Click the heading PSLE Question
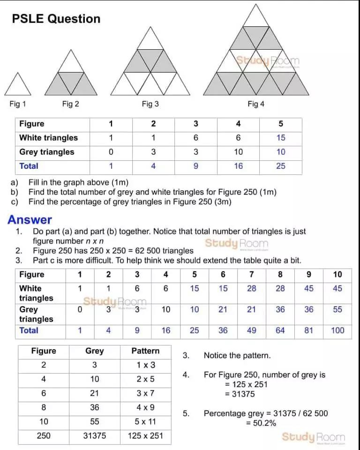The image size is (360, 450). pos(56,19)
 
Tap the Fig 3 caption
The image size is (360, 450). pos(150,104)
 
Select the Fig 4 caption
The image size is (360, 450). pos(256,104)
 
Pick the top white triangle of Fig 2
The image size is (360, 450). pos(70,63)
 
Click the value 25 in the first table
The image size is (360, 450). pos(280,166)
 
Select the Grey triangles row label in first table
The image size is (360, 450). pos(47,152)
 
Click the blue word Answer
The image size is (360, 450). pos(30,220)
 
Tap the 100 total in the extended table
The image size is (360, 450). pos(337,330)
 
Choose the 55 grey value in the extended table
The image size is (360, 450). pos(337,309)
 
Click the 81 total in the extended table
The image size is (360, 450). pos(309,330)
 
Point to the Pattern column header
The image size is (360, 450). pos(145,351)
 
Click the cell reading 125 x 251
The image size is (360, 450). pos(145,436)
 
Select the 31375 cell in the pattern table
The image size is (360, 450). pos(95,436)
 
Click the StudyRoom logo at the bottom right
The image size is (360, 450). pos(313,437)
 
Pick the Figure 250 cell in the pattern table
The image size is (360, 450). pos(44,436)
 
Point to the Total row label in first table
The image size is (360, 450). pos(29,166)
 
